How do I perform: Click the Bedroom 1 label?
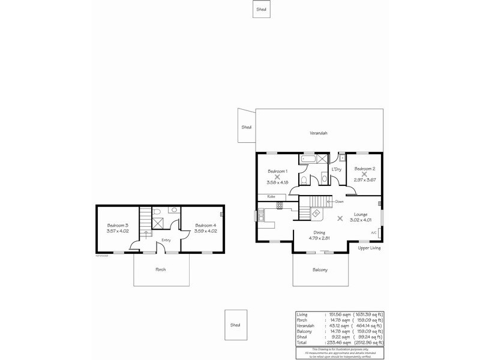tap(277, 170)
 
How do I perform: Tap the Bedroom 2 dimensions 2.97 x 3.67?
tap(364, 181)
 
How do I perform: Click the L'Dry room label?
tap(337, 170)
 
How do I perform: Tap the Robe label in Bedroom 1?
tap(271, 197)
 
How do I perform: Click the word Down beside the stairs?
tap(340, 202)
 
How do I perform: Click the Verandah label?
tap(319, 133)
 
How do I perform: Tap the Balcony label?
tap(320, 270)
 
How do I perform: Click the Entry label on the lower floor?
tap(165, 240)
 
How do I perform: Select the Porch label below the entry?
tap(161, 269)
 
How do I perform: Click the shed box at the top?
tap(261, 10)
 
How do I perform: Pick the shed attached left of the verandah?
tap(247, 127)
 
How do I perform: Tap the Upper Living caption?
tap(369, 248)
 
